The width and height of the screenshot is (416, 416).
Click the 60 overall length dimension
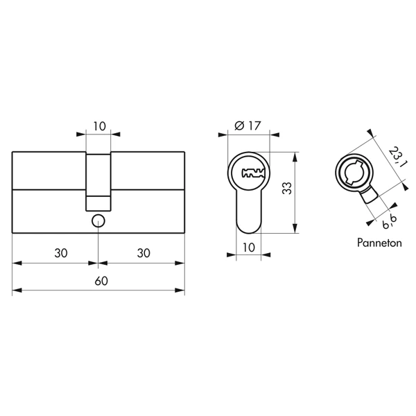pyautogui.click(x=100, y=281)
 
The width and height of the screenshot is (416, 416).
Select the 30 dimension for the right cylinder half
pyautogui.click(x=144, y=253)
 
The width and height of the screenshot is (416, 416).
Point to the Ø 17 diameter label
pyautogui.click(x=248, y=125)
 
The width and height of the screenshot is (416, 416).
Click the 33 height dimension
pyautogui.click(x=286, y=190)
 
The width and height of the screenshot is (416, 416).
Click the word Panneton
pyautogui.click(x=377, y=243)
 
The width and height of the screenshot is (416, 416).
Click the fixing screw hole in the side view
pyautogui.click(x=98, y=221)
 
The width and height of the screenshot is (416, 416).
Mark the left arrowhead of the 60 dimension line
pyautogui.click(x=15, y=291)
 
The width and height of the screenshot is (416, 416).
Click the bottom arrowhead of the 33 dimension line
pyautogui.click(x=297, y=231)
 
